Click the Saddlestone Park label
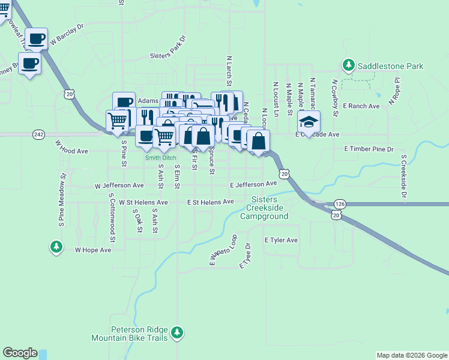(x=390, y=66)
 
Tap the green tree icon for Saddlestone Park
(x=348, y=64)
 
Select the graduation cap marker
(x=309, y=122)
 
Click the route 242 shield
(x=39, y=134)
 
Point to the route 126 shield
(x=340, y=204)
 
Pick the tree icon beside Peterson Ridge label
(x=176, y=332)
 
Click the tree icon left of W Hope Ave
(x=56, y=246)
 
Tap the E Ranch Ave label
(x=361, y=106)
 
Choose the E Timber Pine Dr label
(x=369, y=149)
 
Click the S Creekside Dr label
(x=404, y=176)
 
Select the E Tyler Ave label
(x=281, y=240)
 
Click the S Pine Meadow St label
(x=62, y=200)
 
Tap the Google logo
(x=20, y=353)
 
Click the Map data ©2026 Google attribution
(x=412, y=355)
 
